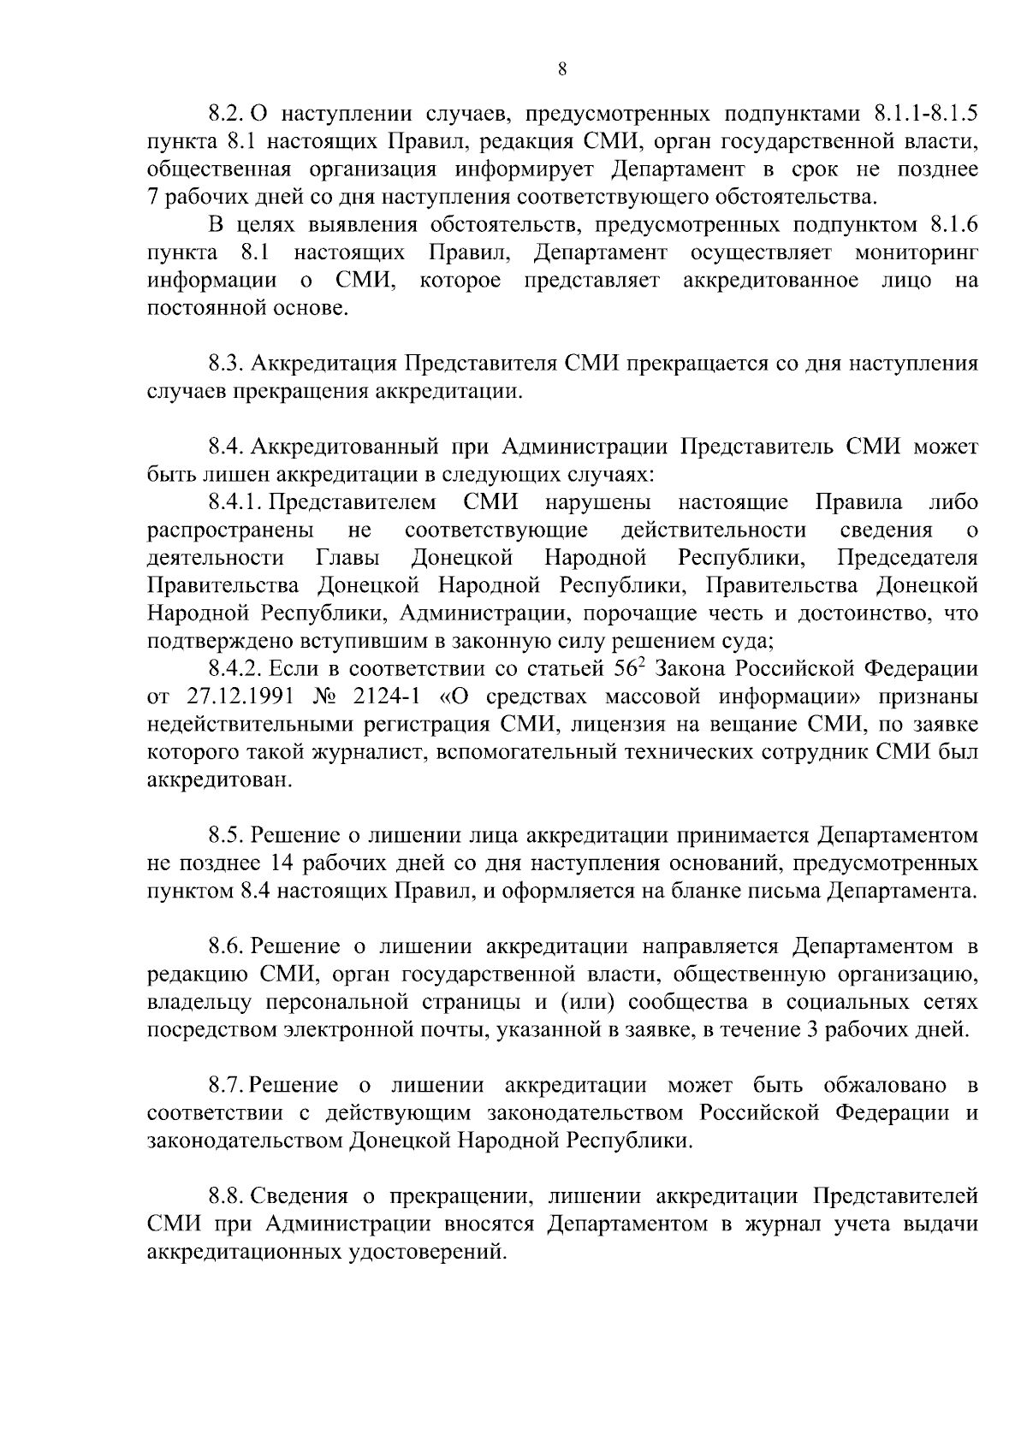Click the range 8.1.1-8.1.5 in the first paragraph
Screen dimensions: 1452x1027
(x=926, y=113)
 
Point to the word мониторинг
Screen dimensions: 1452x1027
(x=916, y=253)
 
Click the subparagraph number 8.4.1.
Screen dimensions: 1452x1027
(x=234, y=502)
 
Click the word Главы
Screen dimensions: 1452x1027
(x=348, y=558)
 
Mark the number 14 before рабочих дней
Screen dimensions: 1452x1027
(x=282, y=862)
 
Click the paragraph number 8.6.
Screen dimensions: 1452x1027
(x=227, y=946)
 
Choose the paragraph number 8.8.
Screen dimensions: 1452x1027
(x=227, y=1197)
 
